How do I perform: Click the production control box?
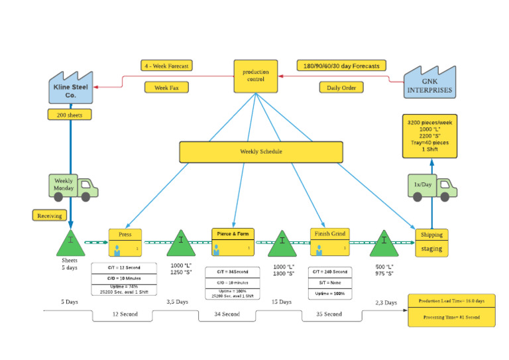255,76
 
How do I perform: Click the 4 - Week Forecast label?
166,66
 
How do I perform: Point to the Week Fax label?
166,87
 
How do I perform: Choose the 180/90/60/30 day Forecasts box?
341,66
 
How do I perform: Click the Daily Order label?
341,87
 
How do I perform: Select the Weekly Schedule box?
260,152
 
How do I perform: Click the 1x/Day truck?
430,188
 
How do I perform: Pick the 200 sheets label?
69,114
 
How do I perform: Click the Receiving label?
50,215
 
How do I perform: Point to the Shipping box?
431,234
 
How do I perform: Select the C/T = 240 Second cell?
329,271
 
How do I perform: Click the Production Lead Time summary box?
451,301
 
